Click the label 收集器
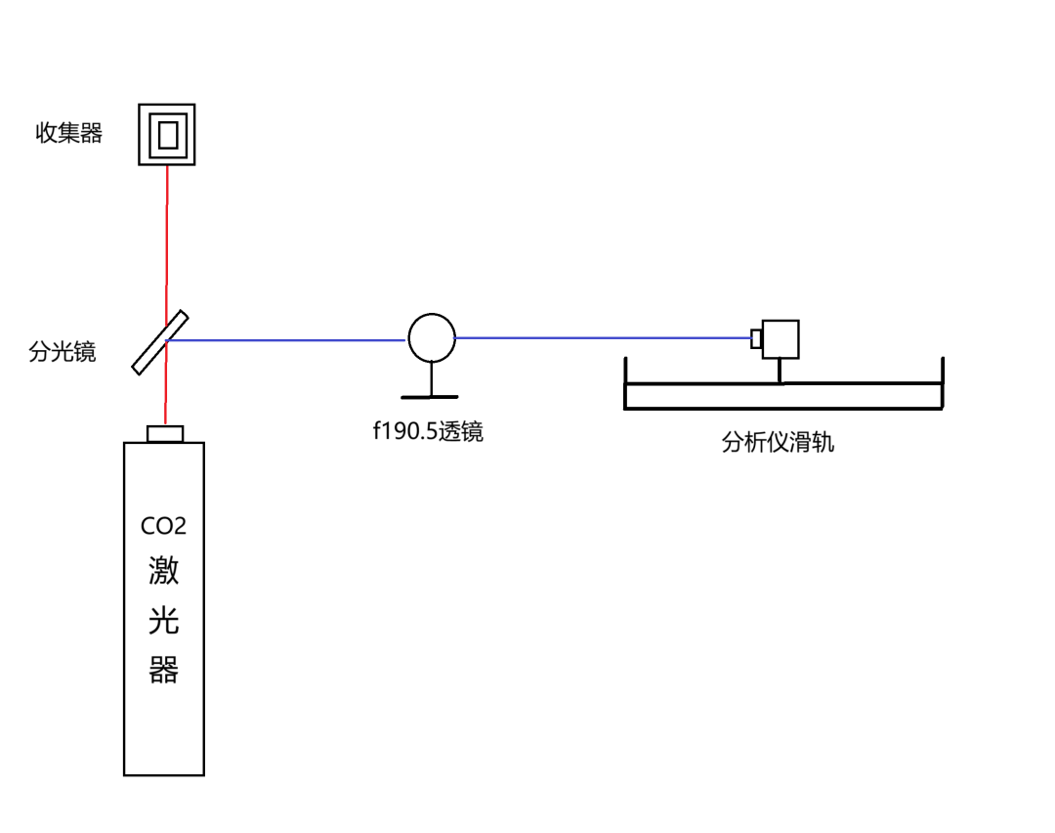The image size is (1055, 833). pos(68,133)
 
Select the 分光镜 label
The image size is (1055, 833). pos(62,352)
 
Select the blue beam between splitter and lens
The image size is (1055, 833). pos(286,340)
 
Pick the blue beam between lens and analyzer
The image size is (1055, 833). pos(603,337)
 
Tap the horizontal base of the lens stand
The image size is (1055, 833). pos(429,397)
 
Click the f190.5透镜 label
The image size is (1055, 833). pos(428,431)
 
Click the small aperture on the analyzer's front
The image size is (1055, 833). pos(756,338)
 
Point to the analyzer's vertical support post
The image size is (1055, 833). pos(780,372)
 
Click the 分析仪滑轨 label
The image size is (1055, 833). pos(778,443)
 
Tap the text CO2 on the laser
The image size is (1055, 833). pos(163,525)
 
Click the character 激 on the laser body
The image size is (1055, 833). pos(163,570)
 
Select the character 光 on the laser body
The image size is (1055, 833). pos(163,620)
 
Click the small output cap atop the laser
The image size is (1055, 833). pos(165,434)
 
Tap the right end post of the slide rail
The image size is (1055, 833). pos(943,382)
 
